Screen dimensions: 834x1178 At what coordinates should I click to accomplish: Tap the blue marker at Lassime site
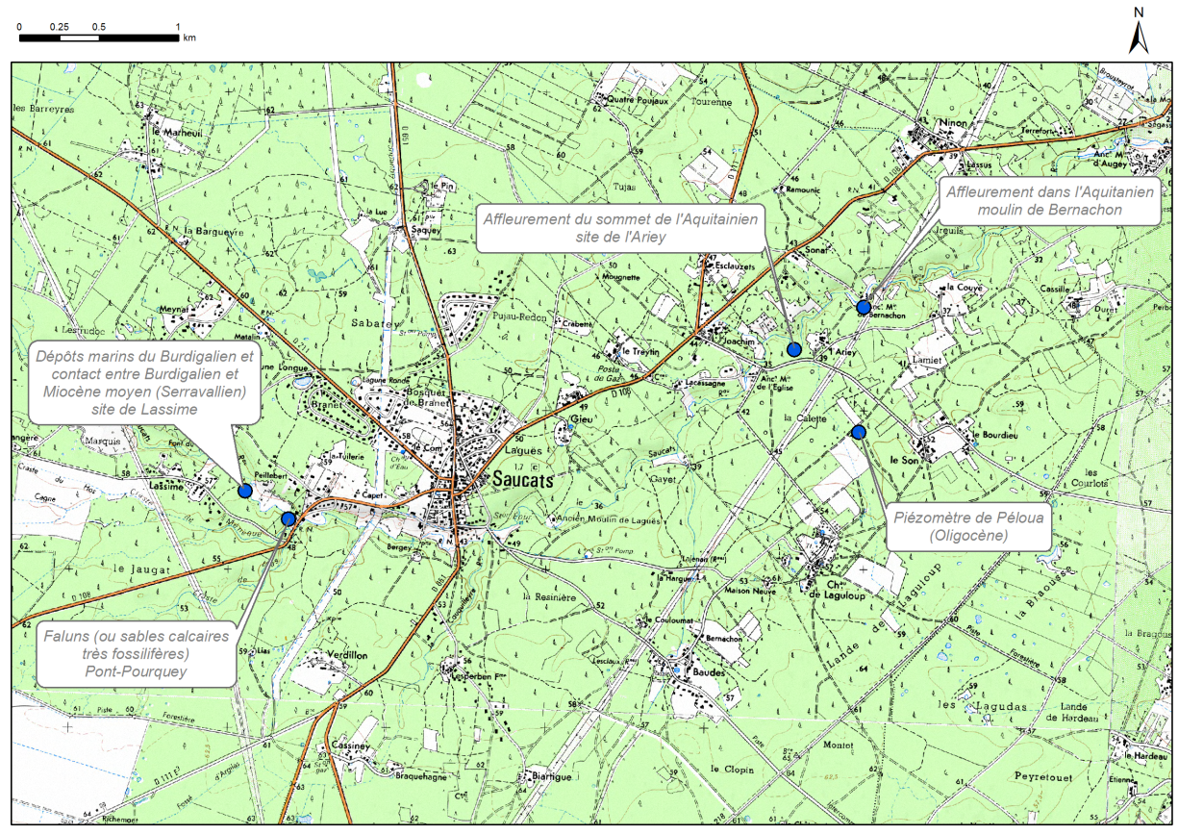(244, 491)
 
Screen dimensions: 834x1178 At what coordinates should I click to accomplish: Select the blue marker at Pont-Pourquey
(288, 518)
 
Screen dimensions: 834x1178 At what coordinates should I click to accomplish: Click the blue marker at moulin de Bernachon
(863, 308)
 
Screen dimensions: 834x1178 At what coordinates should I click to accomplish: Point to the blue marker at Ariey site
(793, 349)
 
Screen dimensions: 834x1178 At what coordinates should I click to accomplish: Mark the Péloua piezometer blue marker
(859, 432)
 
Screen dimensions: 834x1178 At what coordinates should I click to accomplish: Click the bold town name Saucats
(523, 480)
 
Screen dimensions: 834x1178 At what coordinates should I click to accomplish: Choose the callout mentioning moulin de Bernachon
(1048, 200)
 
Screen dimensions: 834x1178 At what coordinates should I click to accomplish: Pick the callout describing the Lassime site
(143, 382)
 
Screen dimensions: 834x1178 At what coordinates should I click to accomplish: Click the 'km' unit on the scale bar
(189, 38)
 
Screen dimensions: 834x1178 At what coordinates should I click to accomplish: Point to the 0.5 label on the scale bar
(98, 25)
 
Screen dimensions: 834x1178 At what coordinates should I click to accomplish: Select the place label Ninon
(930, 124)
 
